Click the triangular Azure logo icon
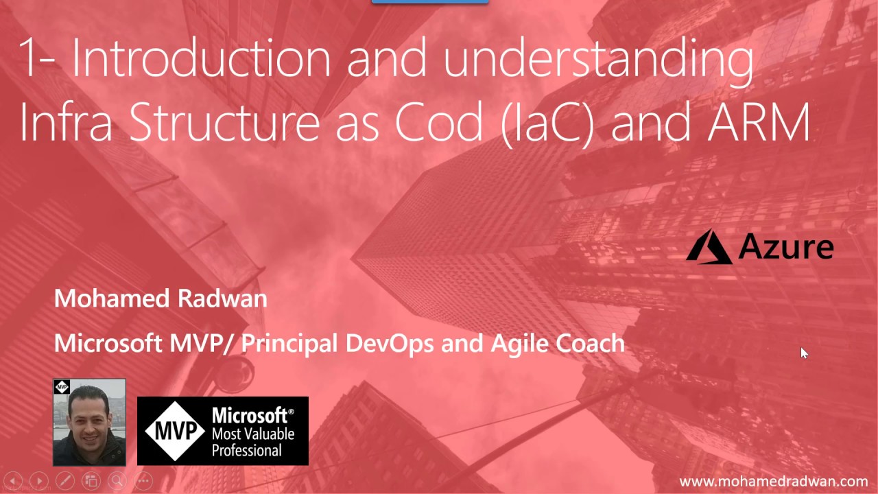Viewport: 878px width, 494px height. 709,247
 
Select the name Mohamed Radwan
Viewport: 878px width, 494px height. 161,298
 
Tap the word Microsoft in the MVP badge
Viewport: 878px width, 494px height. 249,416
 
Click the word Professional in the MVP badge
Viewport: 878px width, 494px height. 247,450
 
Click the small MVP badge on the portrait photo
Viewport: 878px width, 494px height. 62,387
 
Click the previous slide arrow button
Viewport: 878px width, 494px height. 13,481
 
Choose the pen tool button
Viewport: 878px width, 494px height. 64,481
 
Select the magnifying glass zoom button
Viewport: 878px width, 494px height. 117,481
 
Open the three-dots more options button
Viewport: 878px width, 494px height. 142,481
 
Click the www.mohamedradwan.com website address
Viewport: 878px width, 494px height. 773,482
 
